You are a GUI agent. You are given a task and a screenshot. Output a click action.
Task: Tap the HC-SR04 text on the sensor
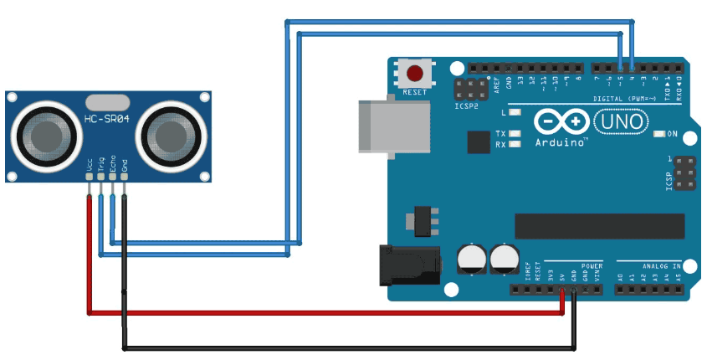coord(106,119)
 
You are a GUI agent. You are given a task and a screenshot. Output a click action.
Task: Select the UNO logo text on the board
coord(620,122)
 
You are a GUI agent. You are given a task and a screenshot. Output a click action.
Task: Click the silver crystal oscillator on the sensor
coord(106,101)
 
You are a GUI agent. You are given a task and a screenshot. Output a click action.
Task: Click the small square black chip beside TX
coord(478,141)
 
